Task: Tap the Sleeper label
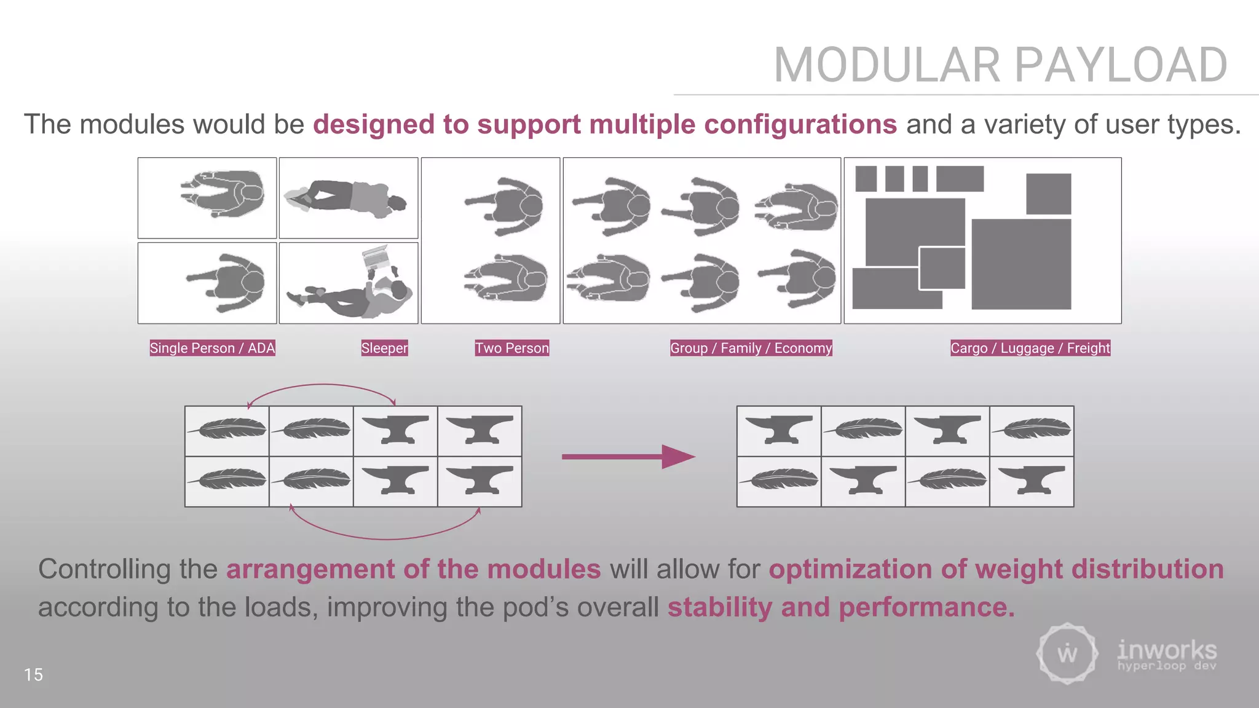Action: pos(384,348)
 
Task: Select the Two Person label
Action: pos(511,348)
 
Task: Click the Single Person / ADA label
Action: pos(212,348)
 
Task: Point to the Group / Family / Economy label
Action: pos(751,348)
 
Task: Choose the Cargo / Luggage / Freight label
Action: pos(1030,348)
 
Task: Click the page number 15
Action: pos(33,674)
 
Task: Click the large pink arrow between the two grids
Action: pos(627,457)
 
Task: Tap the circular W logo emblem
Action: pos(1067,653)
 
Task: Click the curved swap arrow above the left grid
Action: pos(322,386)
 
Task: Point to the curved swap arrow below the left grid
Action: pos(385,537)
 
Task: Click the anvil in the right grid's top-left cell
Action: pos(778,429)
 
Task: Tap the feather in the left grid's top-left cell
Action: pos(227,428)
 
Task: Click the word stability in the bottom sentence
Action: pos(719,607)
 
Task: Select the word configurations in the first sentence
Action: pos(800,124)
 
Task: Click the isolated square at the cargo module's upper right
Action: pos(1048,194)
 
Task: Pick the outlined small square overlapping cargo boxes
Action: pos(942,268)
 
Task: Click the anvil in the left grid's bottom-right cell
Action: pos(480,480)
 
